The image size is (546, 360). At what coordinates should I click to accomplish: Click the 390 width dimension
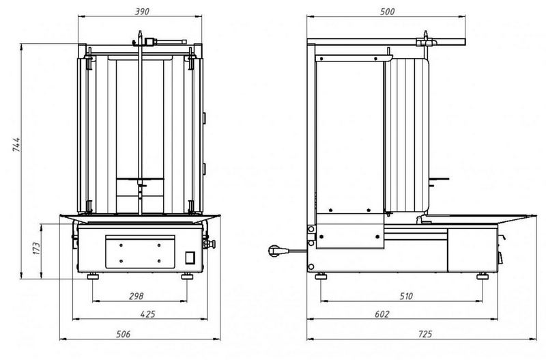[142, 12]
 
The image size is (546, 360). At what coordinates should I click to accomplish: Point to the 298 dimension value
[135, 296]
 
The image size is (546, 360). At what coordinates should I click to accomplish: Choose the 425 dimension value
[147, 314]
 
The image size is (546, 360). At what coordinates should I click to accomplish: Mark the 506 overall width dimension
[124, 334]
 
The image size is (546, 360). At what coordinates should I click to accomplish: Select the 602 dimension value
[382, 314]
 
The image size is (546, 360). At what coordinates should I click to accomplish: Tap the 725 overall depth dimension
[424, 334]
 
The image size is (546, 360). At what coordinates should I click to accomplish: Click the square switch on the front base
[192, 258]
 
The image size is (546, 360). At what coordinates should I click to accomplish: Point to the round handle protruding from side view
[276, 251]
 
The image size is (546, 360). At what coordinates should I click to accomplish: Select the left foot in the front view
[92, 276]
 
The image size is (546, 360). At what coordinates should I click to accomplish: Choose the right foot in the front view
[187, 276]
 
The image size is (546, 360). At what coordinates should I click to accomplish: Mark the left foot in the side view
[320, 276]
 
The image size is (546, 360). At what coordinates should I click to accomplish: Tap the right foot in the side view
[483, 276]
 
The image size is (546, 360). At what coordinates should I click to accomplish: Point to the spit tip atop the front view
[141, 33]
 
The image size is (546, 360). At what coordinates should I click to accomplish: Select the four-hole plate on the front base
[140, 251]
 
